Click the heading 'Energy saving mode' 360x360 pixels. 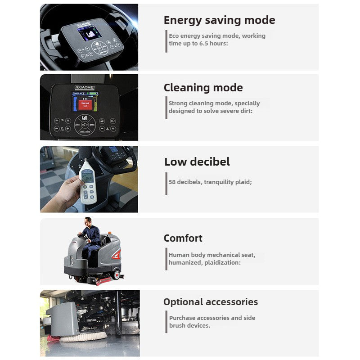(x=219, y=20)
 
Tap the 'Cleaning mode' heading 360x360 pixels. (x=203, y=88)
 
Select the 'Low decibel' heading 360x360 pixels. (x=197, y=162)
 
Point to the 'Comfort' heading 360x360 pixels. (x=183, y=238)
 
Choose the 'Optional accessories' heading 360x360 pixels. (x=210, y=302)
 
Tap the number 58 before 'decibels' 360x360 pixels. (x=172, y=182)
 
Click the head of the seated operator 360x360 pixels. (x=88, y=221)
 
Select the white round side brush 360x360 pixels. (x=83, y=336)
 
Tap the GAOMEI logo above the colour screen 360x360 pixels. (x=86, y=87)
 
